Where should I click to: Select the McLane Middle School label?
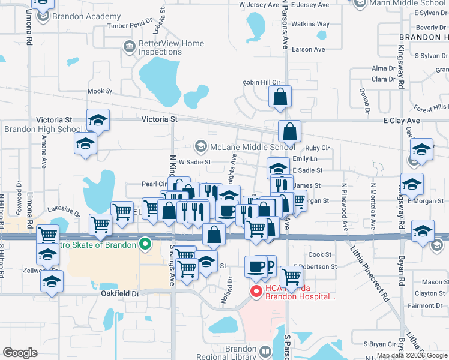(252, 146)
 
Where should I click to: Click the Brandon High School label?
(43, 129)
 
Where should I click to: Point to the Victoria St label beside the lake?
(160, 119)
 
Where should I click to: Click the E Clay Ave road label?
(402, 121)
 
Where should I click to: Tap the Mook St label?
(100, 92)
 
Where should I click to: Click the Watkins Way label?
(310, 25)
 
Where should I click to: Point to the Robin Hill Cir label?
(262, 82)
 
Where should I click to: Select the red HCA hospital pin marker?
(255, 292)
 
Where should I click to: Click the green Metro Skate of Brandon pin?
(144, 244)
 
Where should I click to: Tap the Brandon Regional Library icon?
(265, 350)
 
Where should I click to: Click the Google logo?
(20, 353)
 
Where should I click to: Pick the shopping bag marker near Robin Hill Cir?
(280, 97)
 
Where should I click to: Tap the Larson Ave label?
(308, 49)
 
